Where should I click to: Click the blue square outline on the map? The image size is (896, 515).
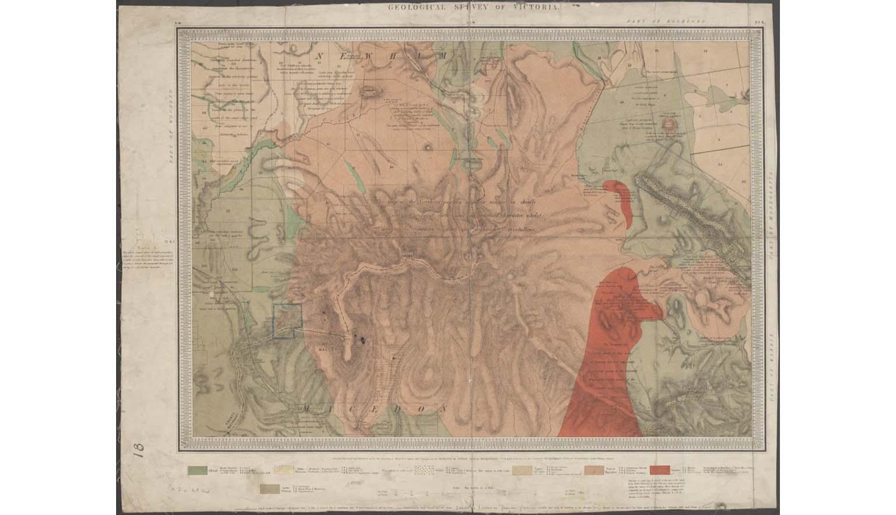pyautogui.click(x=287, y=321)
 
